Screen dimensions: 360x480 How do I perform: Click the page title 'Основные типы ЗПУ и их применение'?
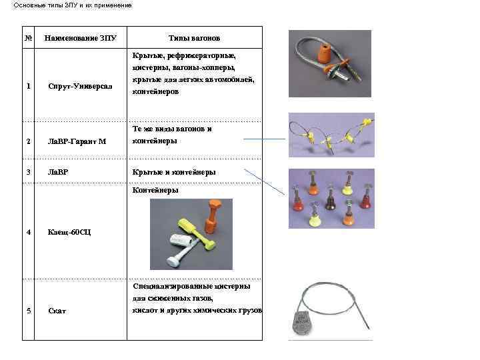[73, 5]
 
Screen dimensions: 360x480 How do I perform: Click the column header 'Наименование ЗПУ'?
[80, 38]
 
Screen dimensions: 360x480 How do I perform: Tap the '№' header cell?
[29, 38]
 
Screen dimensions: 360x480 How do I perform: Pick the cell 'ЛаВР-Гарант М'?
[77, 141]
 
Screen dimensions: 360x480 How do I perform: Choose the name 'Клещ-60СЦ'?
[70, 232]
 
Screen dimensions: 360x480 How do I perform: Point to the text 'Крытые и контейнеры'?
[174, 172]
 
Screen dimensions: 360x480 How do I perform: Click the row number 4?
[28, 232]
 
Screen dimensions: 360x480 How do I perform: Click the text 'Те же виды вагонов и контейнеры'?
[172, 135]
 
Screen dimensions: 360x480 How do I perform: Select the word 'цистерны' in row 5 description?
[231, 286]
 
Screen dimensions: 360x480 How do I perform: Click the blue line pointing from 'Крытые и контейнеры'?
[265, 182]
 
